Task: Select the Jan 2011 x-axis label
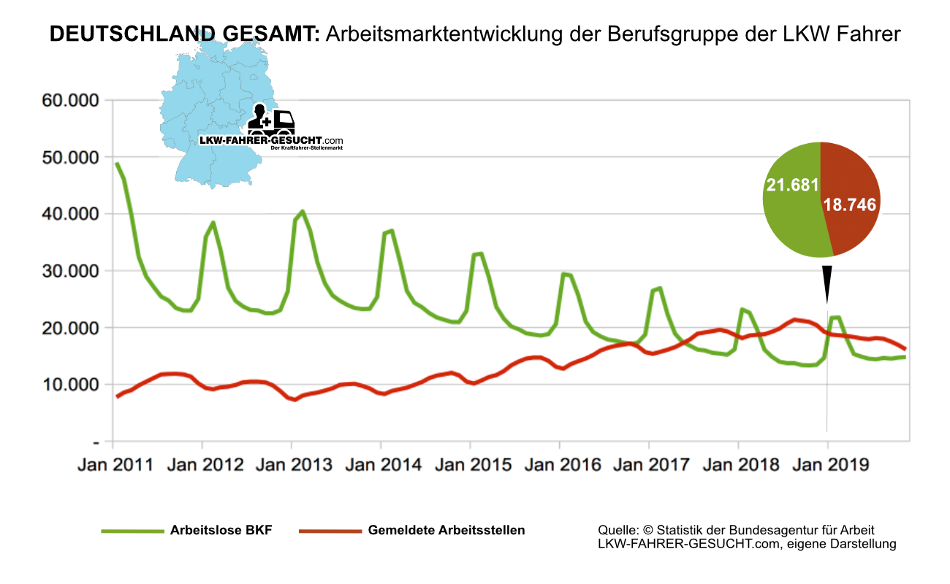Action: click(115, 465)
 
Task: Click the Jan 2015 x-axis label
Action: click(473, 465)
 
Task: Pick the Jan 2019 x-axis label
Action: click(830, 465)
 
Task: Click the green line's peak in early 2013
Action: click(302, 212)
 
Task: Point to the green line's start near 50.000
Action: click(117, 164)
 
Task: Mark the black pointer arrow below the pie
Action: click(826, 281)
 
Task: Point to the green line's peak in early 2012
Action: click(213, 223)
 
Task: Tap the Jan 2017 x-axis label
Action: click(651, 465)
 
